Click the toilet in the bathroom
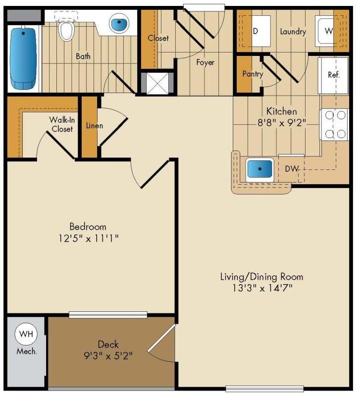tap(65, 30)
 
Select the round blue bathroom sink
tap(119, 23)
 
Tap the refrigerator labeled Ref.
tap(334, 75)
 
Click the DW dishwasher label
tap(292, 169)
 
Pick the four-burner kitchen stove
tap(335, 125)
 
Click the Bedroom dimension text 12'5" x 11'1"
tap(88, 238)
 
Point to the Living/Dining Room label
tap(261, 276)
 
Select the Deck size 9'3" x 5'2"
tap(108, 355)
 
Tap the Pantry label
tap(253, 74)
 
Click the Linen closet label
tap(95, 125)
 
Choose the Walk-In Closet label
tap(61, 124)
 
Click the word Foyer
tap(205, 62)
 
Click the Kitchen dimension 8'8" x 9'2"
tap(281, 123)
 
